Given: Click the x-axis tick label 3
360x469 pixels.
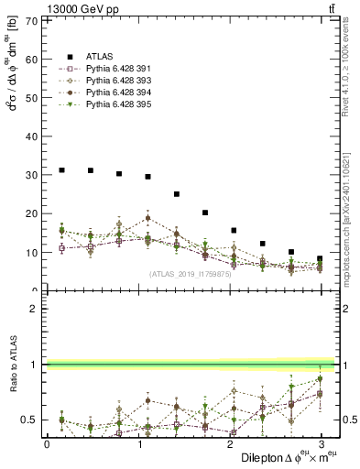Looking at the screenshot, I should pyautogui.click(x=320, y=443).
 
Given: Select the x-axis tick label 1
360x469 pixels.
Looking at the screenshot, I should pyautogui.click(x=137, y=443).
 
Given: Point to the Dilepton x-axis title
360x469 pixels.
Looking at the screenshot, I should pyautogui.click(x=284, y=457).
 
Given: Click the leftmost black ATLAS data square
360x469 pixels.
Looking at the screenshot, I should pyautogui.click(x=61, y=170).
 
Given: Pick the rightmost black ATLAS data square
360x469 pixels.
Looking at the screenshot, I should pyautogui.click(x=320, y=258).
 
